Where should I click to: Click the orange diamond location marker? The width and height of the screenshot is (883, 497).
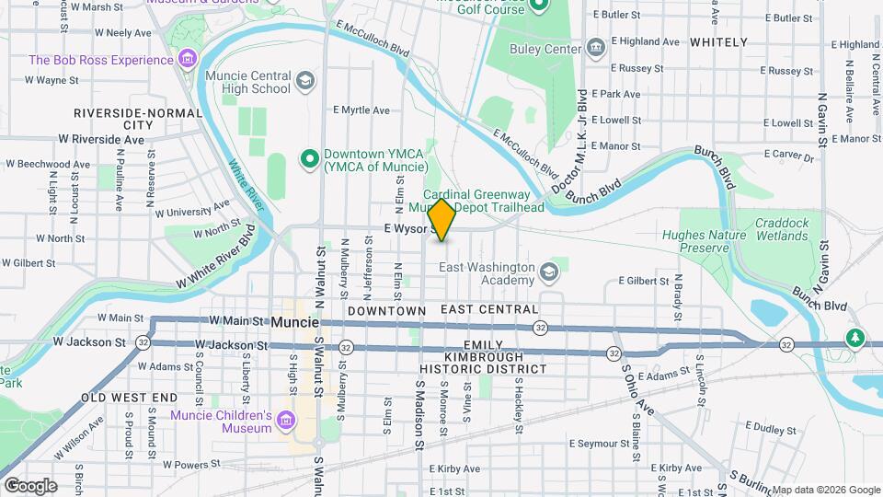441,219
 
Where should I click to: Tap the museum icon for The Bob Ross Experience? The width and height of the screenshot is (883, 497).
188,60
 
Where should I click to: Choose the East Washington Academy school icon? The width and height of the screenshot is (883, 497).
549,272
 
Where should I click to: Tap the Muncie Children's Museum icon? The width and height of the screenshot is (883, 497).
286,422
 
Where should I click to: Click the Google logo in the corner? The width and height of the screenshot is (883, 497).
29,485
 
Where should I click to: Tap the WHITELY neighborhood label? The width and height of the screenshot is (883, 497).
718,42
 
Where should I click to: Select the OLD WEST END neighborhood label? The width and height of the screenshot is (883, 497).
129,398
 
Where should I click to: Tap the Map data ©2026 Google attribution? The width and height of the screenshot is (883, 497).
825,490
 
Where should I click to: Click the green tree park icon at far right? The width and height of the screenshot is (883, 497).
855,338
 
